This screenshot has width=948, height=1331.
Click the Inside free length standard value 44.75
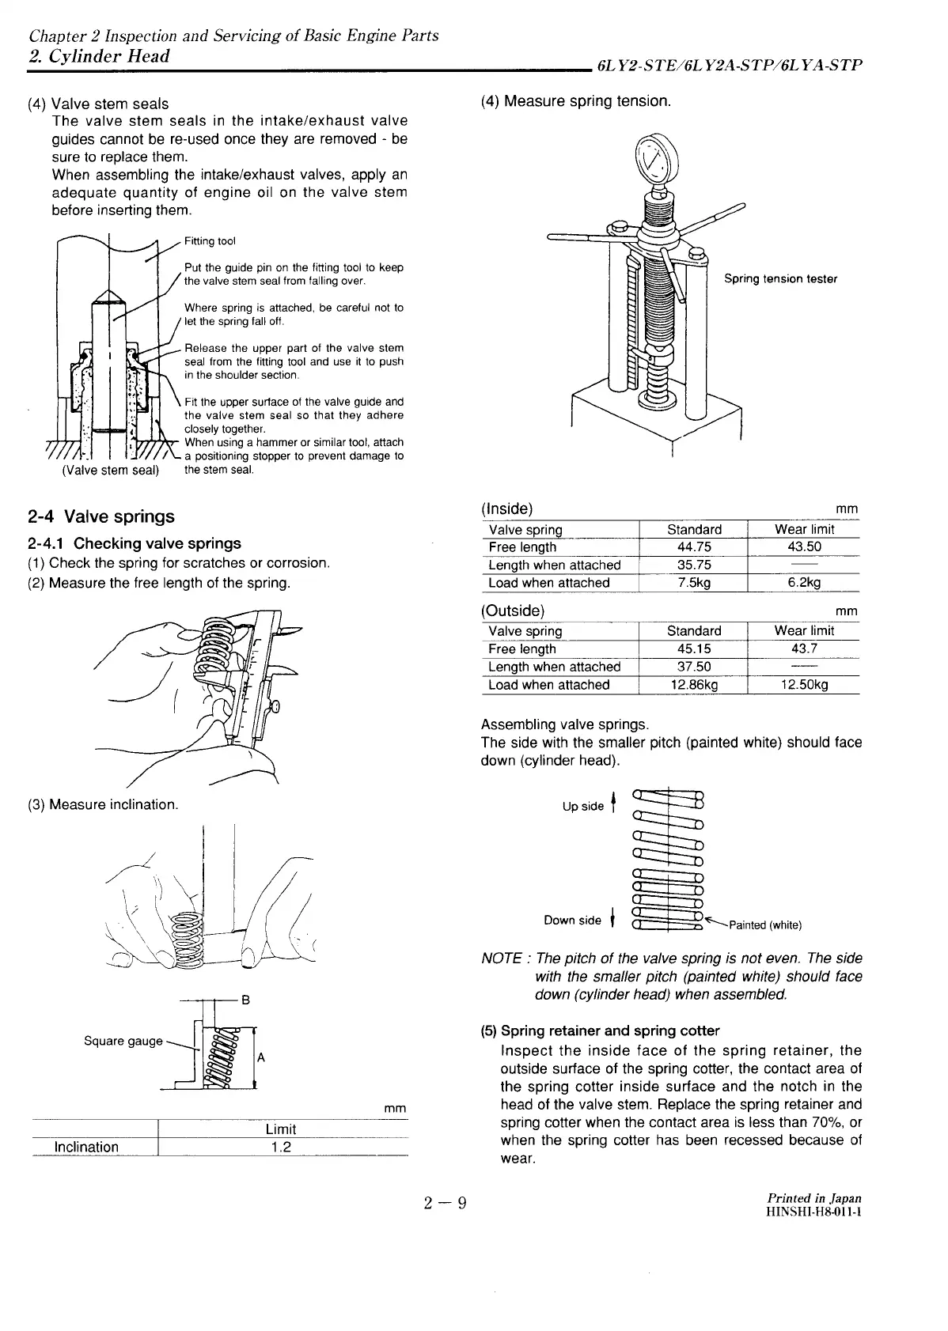point(694,547)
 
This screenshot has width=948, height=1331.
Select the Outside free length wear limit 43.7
point(803,649)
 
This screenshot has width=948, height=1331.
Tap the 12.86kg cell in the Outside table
point(694,685)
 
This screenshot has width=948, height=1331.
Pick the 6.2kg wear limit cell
point(803,583)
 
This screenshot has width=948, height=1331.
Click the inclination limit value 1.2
point(281,1147)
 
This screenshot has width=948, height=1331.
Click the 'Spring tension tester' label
point(780,278)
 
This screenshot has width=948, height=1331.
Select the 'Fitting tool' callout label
point(210,241)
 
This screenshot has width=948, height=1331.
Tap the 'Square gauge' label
point(123,1041)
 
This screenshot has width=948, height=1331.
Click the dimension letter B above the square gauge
point(245,1000)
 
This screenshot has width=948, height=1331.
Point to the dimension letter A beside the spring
point(261,1058)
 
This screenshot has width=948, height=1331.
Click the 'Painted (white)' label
point(764,925)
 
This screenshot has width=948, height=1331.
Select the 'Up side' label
point(583,807)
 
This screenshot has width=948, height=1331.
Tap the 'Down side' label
point(572,921)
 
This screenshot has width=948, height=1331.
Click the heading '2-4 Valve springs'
point(100,517)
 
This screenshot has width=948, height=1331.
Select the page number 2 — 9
point(446,1204)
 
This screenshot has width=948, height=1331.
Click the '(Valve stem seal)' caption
point(110,471)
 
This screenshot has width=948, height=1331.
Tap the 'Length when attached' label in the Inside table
point(554,565)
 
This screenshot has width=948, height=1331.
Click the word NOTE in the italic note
point(501,959)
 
